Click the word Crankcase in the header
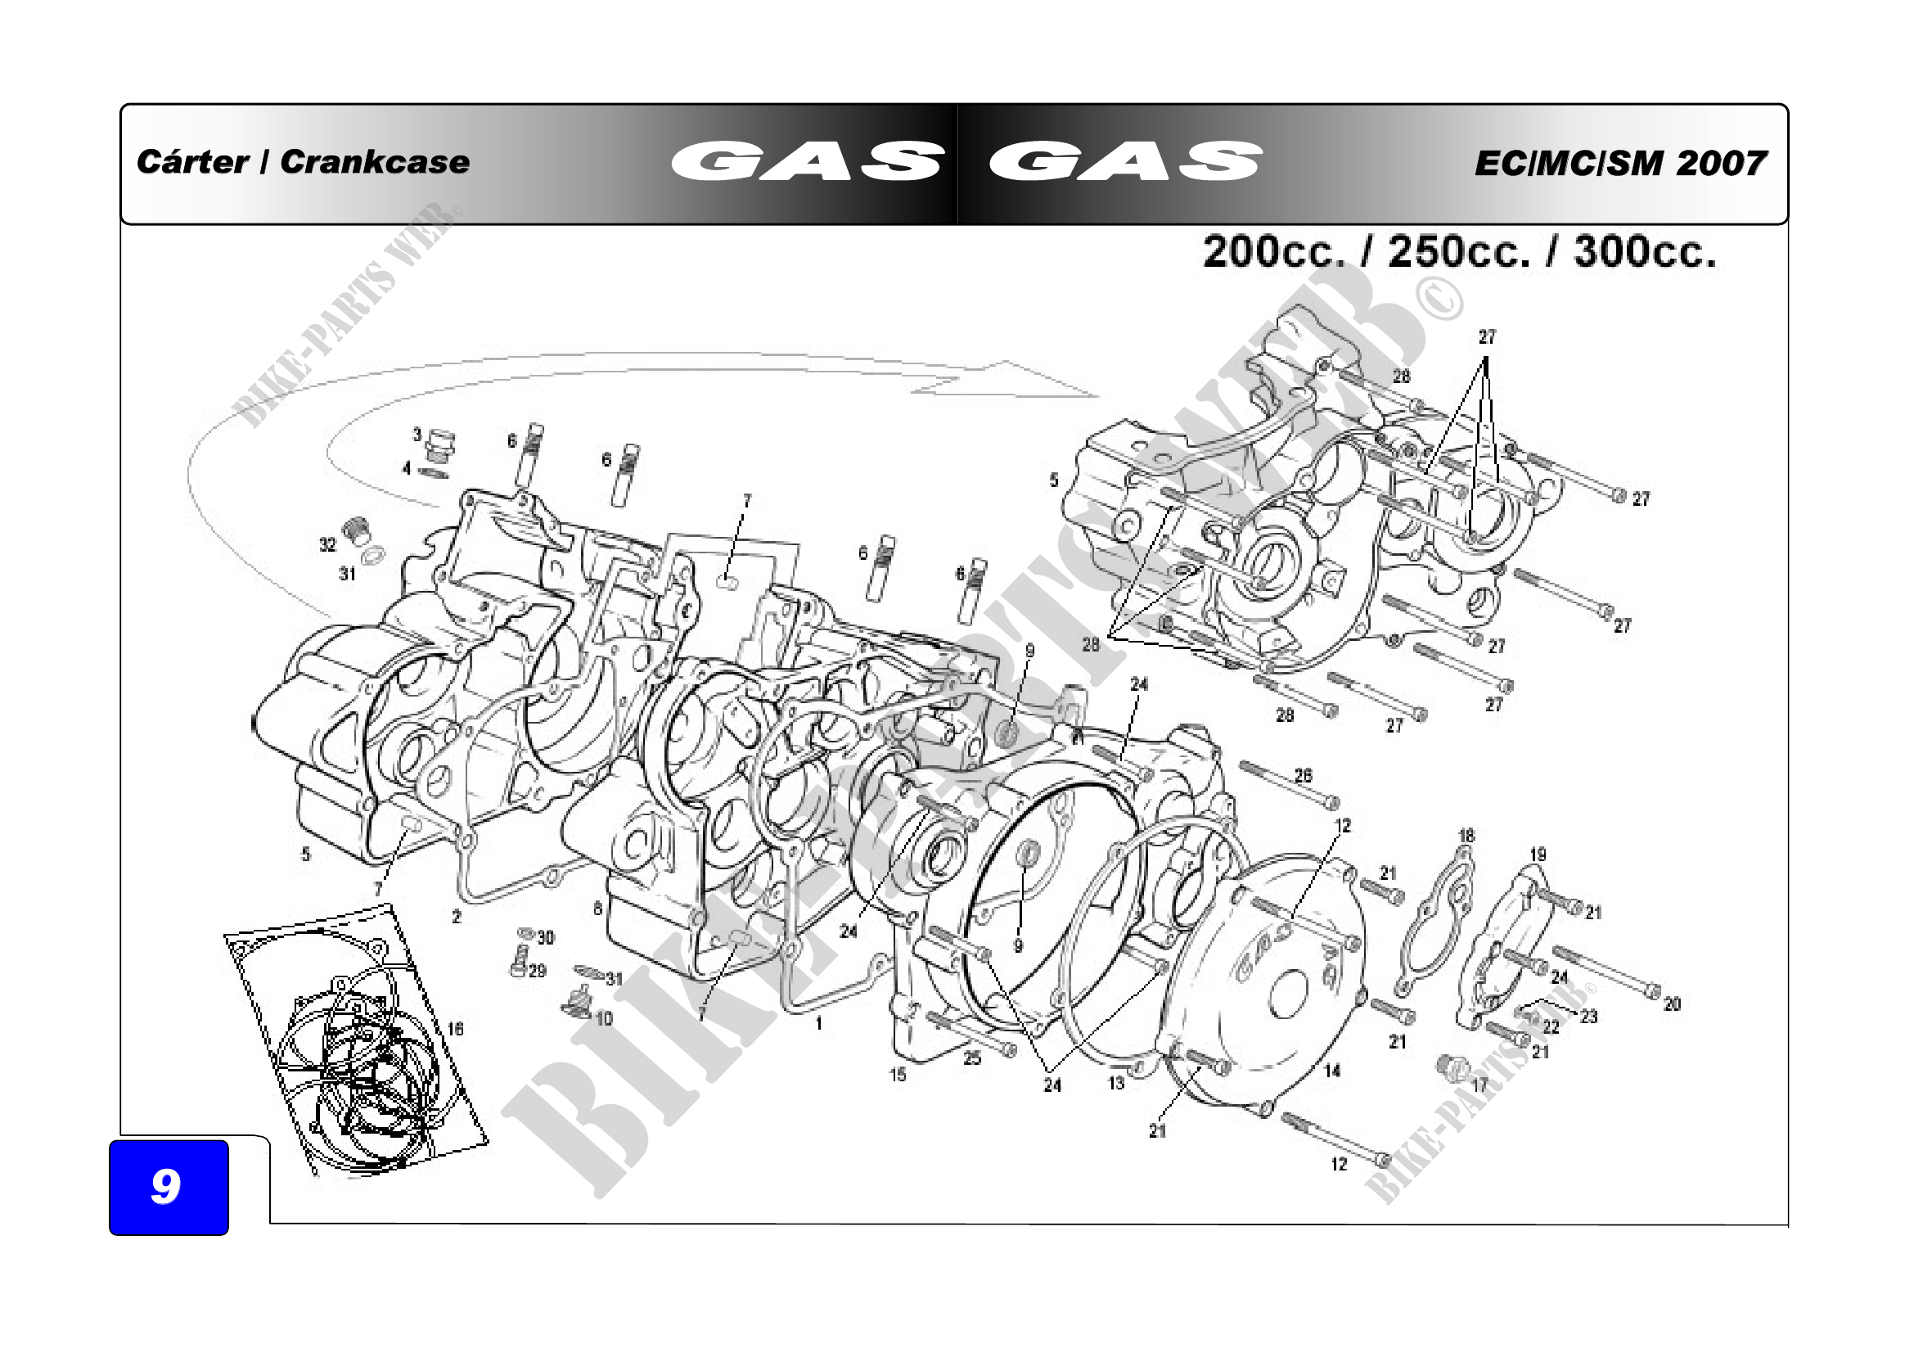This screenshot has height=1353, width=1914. click(x=374, y=162)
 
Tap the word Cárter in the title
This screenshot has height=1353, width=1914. click(x=191, y=162)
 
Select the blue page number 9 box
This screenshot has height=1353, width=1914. click(x=169, y=1186)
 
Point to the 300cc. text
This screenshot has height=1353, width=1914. click(x=1644, y=251)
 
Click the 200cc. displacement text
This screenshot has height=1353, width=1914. click(x=1274, y=251)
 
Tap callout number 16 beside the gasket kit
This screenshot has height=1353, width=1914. click(x=454, y=1029)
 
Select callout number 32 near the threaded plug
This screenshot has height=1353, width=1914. click(x=327, y=544)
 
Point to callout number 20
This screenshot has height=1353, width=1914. click(x=1672, y=1004)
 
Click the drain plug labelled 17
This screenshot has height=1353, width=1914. click(x=1452, y=1067)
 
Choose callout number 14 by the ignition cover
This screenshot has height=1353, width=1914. click(x=1332, y=1071)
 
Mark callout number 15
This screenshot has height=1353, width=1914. click(x=897, y=1075)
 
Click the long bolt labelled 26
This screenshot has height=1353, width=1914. click(x=1288, y=786)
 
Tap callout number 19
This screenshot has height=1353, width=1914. click(x=1538, y=855)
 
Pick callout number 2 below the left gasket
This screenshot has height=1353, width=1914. click(x=456, y=916)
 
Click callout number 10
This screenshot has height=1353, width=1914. click(x=604, y=1018)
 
